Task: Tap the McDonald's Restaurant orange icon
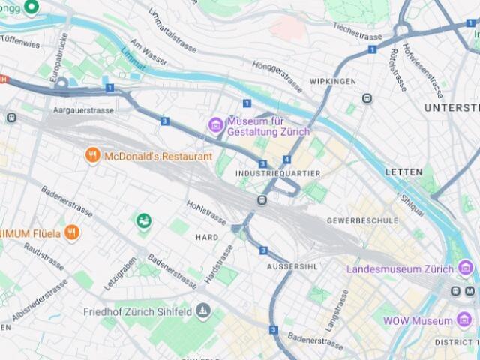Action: coord(93,156)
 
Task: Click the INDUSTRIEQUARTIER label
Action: coord(277,173)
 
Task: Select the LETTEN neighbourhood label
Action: coord(404,172)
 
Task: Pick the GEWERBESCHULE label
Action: coord(362,221)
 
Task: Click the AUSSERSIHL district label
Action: coord(293,267)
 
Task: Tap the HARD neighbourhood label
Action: coord(207,237)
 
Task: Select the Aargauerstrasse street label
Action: coord(83,110)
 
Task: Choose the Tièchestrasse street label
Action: coord(358,34)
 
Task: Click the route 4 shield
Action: coord(286,160)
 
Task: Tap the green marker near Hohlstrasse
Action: coord(144,220)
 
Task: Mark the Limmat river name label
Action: coord(130,59)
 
